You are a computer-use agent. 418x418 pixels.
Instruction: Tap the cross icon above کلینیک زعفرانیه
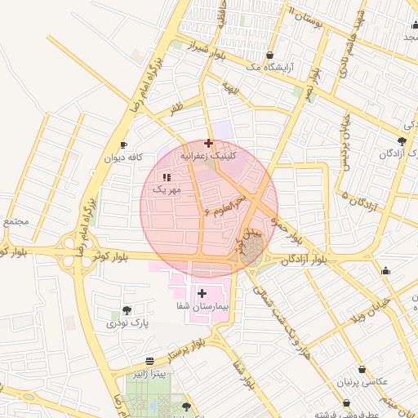point(209,143)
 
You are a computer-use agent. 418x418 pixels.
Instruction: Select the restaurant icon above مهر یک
point(167,177)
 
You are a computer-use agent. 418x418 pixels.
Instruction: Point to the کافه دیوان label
point(123,157)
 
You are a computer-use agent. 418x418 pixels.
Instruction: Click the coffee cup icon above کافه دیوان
point(123,145)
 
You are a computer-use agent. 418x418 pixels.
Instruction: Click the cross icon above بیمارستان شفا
point(202,292)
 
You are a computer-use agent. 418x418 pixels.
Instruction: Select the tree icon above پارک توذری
point(127,310)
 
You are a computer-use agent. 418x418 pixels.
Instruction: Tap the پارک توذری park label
point(127,323)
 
